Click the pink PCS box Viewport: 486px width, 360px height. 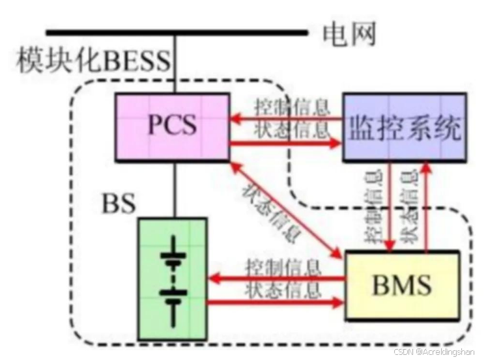click(172, 126)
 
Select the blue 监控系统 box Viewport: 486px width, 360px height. click(404, 127)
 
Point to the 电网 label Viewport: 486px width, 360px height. click(349, 35)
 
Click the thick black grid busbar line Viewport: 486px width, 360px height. click(176, 31)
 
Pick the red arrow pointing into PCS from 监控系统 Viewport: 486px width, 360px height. click(287, 118)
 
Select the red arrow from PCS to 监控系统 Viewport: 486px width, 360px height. click(287, 141)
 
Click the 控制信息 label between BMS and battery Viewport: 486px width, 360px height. click(283, 267)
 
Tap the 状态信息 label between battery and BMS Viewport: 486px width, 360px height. click(283, 289)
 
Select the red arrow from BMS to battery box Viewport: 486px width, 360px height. click(276, 278)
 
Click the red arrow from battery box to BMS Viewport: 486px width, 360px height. click(276, 301)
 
